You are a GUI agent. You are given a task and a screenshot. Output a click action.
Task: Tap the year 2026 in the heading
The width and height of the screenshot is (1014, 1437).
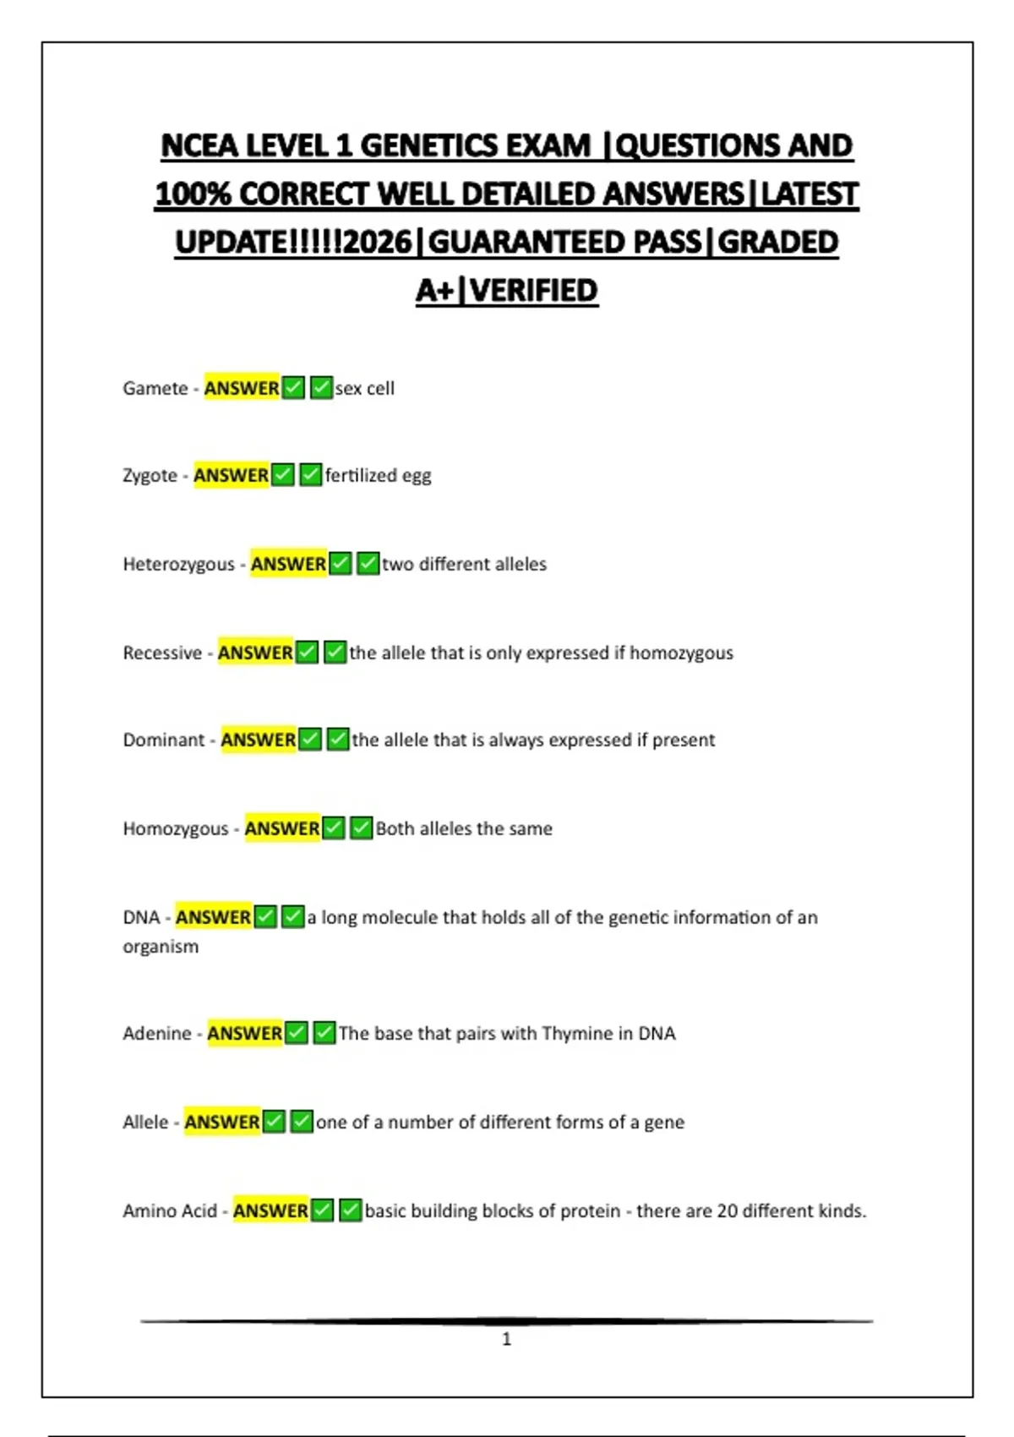(x=378, y=243)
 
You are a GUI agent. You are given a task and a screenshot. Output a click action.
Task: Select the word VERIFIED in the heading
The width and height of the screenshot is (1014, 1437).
(x=534, y=291)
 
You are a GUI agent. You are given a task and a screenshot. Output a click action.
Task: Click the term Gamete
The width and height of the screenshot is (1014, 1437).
(x=155, y=388)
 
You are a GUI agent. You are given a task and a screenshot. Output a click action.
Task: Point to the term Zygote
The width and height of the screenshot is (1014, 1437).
(x=150, y=475)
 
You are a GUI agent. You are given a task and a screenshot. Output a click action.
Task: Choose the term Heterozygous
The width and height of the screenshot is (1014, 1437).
(x=178, y=564)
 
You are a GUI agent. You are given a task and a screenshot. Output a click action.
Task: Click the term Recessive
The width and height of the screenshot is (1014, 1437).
(x=162, y=653)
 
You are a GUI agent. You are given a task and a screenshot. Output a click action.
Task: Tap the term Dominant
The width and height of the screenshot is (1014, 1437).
(x=164, y=740)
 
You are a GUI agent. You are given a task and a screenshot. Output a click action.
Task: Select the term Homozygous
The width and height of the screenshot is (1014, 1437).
(x=176, y=828)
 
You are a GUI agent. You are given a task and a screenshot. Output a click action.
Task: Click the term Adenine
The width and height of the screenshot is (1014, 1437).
(x=157, y=1033)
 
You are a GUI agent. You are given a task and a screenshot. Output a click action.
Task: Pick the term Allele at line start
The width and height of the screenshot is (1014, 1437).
(x=145, y=1122)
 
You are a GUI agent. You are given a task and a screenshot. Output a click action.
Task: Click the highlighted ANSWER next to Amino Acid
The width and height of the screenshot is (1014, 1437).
(x=270, y=1210)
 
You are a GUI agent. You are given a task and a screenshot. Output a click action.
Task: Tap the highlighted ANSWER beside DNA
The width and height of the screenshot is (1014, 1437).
(x=213, y=917)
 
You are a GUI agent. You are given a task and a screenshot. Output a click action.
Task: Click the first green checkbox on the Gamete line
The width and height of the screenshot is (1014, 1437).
(x=293, y=388)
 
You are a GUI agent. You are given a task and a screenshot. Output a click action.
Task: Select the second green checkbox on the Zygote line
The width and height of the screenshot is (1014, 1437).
(x=311, y=475)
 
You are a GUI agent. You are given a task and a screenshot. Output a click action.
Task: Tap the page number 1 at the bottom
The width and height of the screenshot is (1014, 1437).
(x=506, y=1339)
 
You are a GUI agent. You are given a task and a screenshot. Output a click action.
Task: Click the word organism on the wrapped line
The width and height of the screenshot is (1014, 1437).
(x=161, y=947)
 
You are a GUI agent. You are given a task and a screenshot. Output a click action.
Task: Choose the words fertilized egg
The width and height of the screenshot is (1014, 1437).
(x=378, y=475)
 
